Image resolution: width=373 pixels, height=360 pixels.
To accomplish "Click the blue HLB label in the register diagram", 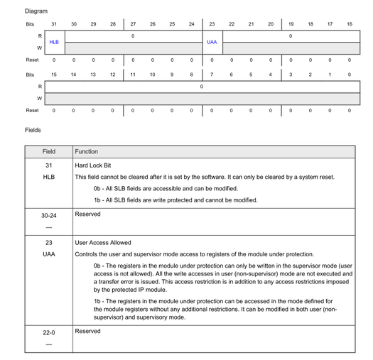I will click(x=54, y=42).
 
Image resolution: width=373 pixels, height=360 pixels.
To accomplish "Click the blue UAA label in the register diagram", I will click(x=212, y=42).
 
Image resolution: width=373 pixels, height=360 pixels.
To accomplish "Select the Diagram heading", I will click(x=36, y=11).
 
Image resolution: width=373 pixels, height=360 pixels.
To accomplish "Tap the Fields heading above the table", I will click(x=33, y=130).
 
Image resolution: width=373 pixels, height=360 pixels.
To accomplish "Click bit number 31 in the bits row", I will click(x=54, y=24).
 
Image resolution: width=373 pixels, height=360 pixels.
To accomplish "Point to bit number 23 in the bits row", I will click(x=212, y=24).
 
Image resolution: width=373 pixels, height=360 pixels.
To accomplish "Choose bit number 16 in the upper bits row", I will click(x=349, y=24).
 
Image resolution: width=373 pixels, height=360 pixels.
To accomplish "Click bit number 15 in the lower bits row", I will click(x=54, y=74).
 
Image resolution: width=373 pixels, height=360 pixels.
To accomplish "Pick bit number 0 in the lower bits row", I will click(x=349, y=74).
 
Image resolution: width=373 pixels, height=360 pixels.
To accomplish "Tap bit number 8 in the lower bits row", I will click(x=192, y=74).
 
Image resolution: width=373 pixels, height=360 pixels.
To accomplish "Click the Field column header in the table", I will click(x=49, y=152).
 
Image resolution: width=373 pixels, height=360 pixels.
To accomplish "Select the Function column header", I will click(x=87, y=152).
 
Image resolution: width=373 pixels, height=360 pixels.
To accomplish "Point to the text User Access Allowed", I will click(x=103, y=243).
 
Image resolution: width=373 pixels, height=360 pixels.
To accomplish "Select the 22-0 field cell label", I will click(x=49, y=332).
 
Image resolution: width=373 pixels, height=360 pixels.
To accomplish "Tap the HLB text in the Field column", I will click(x=49, y=177).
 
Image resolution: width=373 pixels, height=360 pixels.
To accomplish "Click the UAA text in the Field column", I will click(x=49, y=254).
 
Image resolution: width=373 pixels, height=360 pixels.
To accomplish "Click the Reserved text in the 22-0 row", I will click(x=88, y=332).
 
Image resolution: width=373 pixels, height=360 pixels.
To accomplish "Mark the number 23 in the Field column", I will click(x=49, y=243).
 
